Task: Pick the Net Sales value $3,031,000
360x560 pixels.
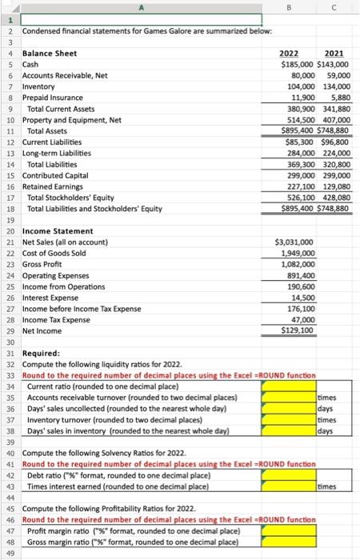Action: [x=294, y=241]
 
